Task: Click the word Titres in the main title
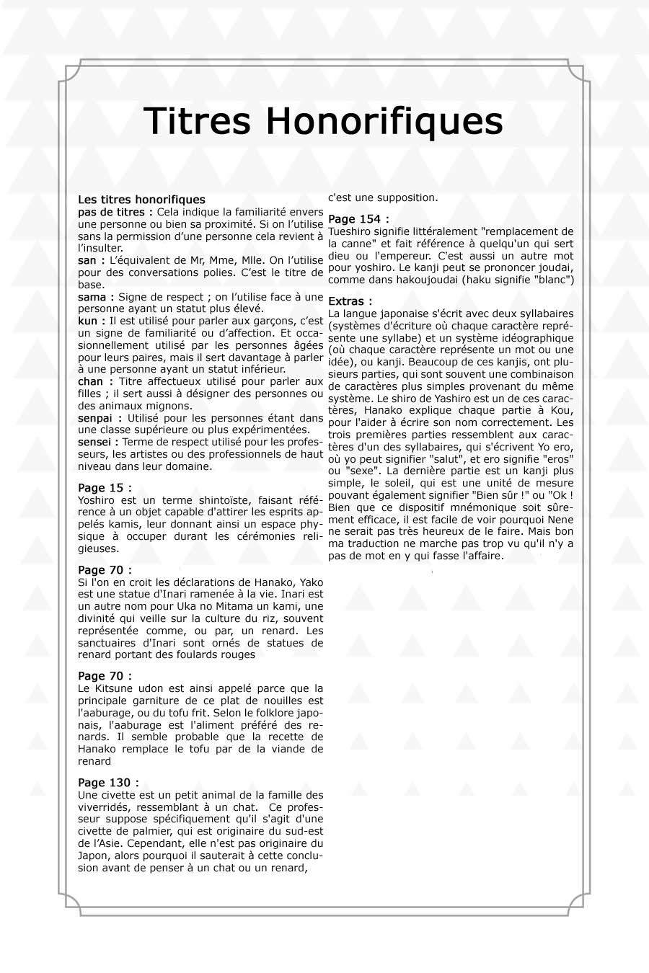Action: [x=197, y=120]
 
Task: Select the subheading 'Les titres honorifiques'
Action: [x=141, y=200]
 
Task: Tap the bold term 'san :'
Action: [x=92, y=260]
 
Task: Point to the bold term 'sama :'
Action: [x=96, y=297]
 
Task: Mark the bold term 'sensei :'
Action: [x=99, y=442]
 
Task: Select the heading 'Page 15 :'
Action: [x=105, y=488]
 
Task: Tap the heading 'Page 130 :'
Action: [x=108, y=783]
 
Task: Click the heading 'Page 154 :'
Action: [x=358, y=218]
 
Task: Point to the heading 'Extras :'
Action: [x=350, y=301]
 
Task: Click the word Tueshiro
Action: [x=350, y=231]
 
